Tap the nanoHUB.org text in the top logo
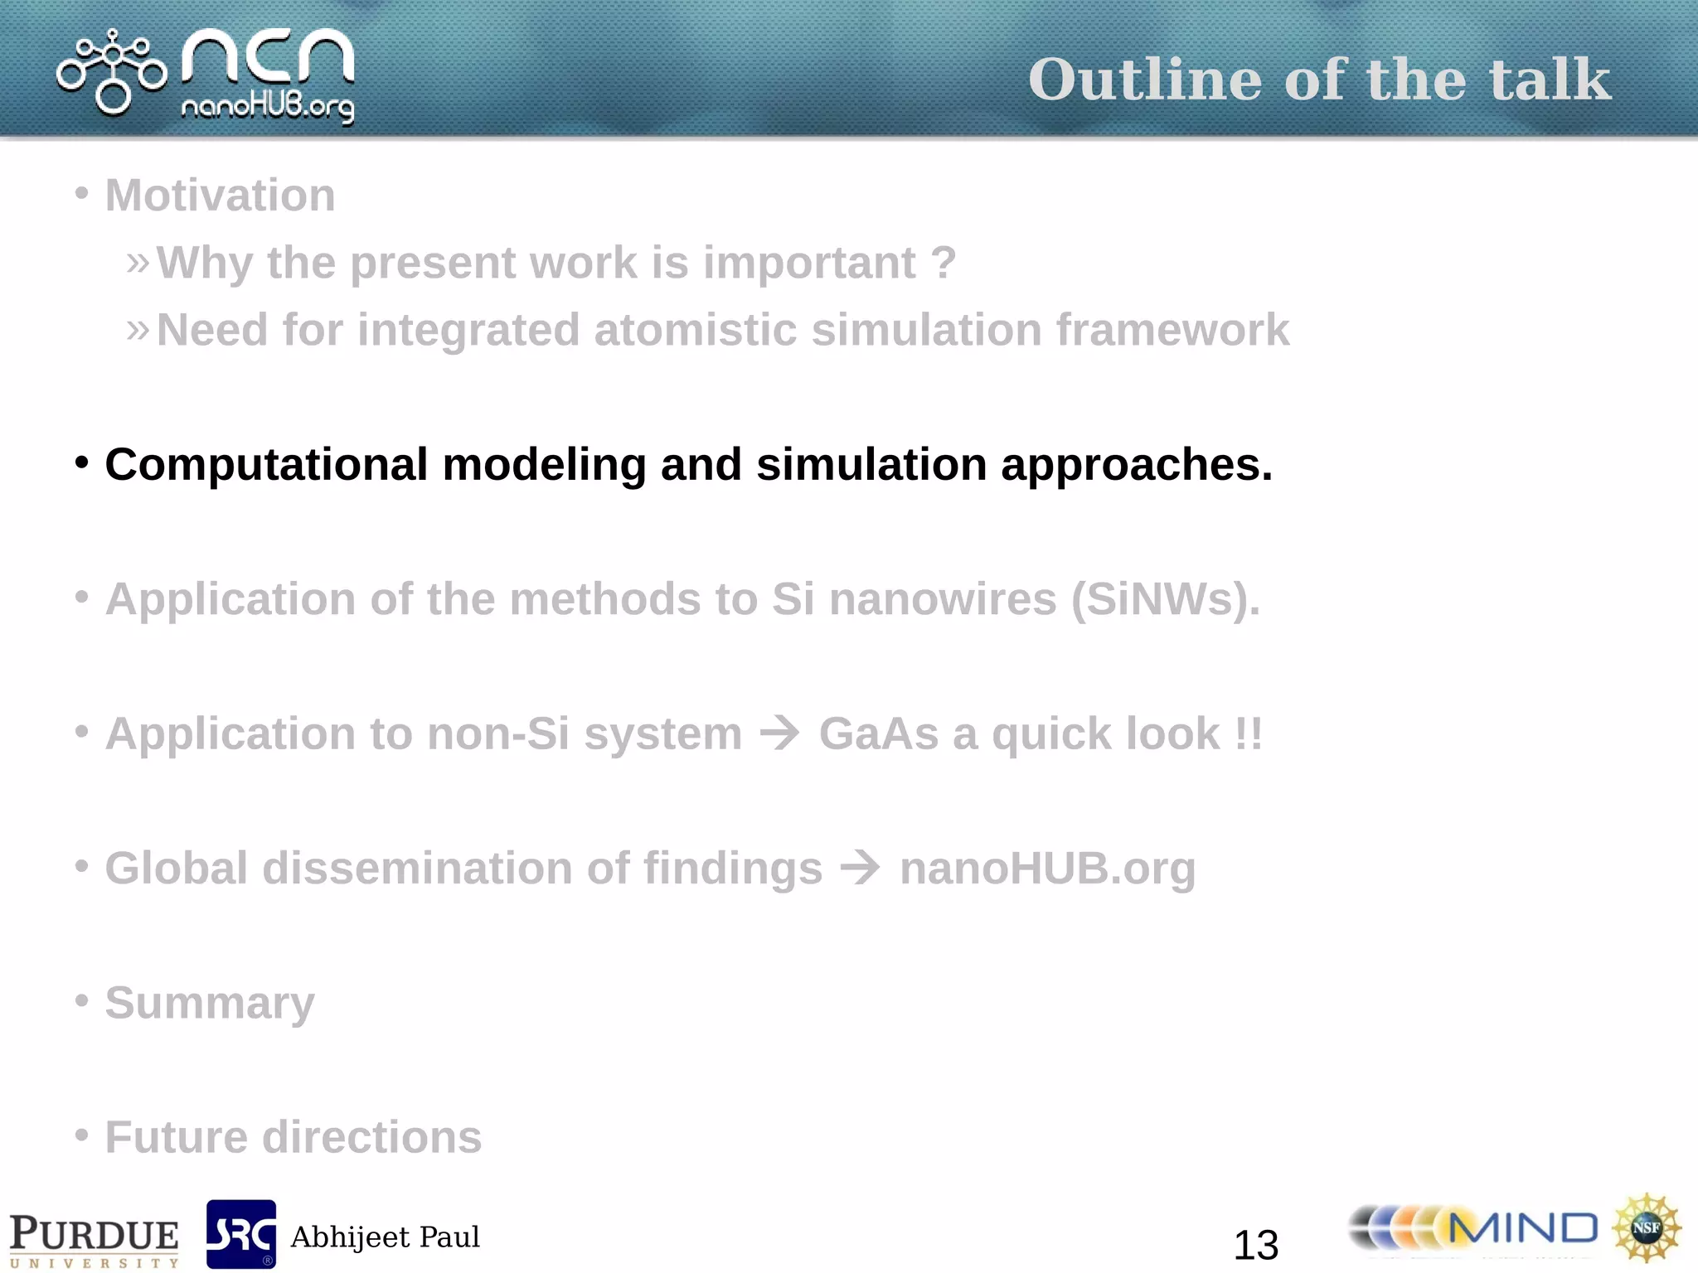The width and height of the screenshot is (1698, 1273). tap(267, 108)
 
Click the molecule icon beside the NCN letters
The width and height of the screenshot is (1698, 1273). tap(112, 72)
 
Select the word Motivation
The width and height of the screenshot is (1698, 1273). tap(220, 196)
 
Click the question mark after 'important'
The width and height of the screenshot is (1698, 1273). tap(944, 263)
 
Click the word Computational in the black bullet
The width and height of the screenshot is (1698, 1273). tap(266, 464)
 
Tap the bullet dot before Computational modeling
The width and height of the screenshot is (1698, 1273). tap(81, 462)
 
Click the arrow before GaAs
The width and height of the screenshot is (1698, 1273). tap(780, 733)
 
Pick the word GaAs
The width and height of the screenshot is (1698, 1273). tap(879, 733)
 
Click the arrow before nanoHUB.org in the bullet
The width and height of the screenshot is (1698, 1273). tap(861, 868)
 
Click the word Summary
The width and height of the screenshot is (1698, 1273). tap(210, 1003)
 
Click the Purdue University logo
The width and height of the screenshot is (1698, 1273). tap(94, 1239)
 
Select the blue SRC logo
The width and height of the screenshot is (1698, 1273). tap(240, 1234)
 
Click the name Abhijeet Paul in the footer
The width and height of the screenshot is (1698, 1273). tap(385, 1237)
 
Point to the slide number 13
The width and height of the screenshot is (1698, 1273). tap(1255, 1245)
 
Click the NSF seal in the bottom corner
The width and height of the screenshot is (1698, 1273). tap(1646, 1227)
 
